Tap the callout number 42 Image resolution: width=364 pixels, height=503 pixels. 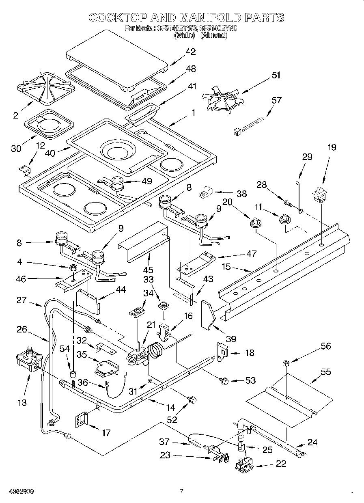coord(190,52)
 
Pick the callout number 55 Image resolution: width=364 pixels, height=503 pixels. coord(325,371)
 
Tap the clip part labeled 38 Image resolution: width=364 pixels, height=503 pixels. coord(207,191)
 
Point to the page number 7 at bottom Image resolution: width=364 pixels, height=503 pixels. coord(182,491)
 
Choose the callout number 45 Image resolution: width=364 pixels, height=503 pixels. coord(149,270)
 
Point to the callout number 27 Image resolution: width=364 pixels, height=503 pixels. coord(22,300)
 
